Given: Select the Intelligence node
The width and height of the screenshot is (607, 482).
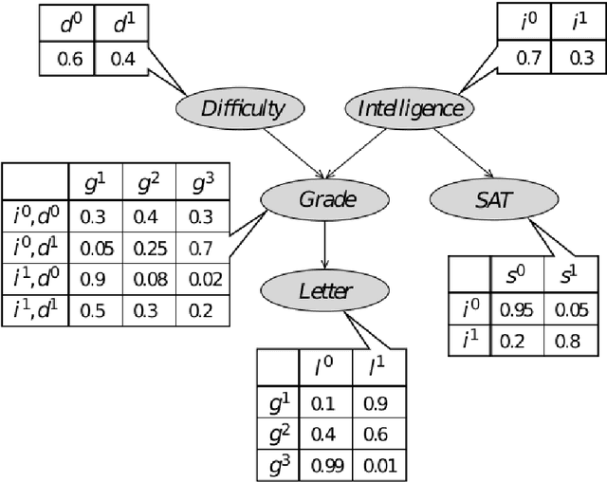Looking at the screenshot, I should click(x=411, y=107).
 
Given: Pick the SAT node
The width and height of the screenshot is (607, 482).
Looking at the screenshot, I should click(x=485, y=199).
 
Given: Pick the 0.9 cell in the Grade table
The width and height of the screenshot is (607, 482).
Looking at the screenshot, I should click(x=94, y=281).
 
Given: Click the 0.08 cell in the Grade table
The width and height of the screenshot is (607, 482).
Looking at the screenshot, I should click(x=148, y=281).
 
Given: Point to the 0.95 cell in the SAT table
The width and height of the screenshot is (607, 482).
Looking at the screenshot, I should click(x=514, y=308).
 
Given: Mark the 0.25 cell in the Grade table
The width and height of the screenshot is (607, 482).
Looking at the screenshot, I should click(x=148, y=249).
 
